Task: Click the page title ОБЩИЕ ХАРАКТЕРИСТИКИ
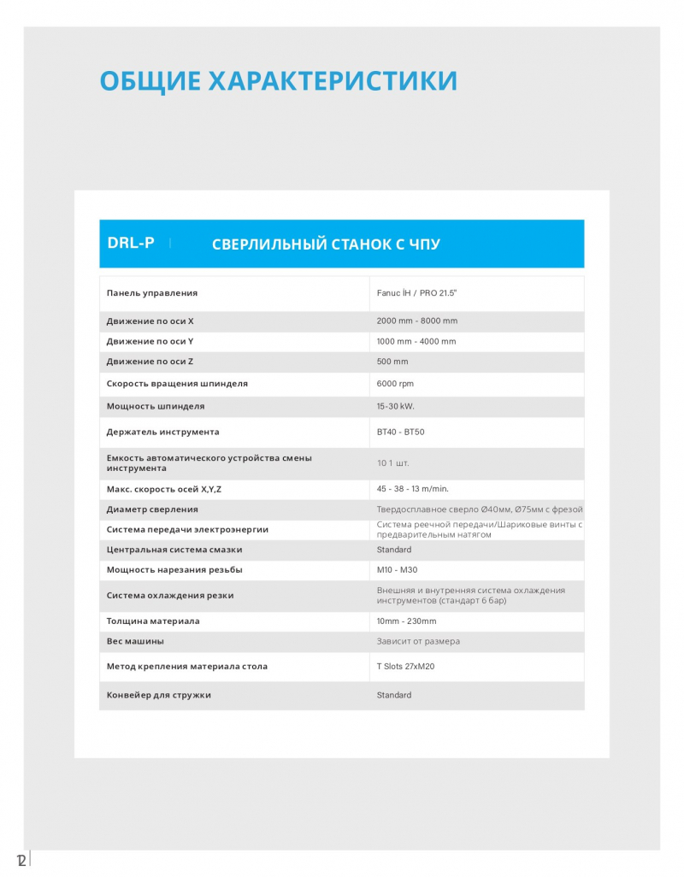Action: [x=279, y=80]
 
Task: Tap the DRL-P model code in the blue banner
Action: [x=131, y=243]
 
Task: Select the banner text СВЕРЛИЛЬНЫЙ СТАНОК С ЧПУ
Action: [x=326, y=244]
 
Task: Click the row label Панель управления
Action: [x=152, y=293]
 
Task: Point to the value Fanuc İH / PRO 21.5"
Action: [x=419, y=293]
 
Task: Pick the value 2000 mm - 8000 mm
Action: [x=417, y=321]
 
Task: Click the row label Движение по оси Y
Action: [x=150, y=341]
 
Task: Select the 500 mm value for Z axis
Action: [x=392, y=362]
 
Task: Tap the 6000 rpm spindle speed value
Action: [x=395, y=384]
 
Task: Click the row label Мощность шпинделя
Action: [x=156, y=406]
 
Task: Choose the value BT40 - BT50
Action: [x=400, y=432]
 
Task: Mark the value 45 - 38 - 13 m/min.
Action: [x=413, y=489]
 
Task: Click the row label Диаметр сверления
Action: [x=152, y=509]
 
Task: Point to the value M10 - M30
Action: [x=397, y=569]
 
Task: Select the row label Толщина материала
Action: [x=153, y=621]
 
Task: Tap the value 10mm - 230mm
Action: [x=406, y=621]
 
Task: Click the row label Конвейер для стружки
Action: [x=159, y=695]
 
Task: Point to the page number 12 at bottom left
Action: [x=21, y=858]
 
